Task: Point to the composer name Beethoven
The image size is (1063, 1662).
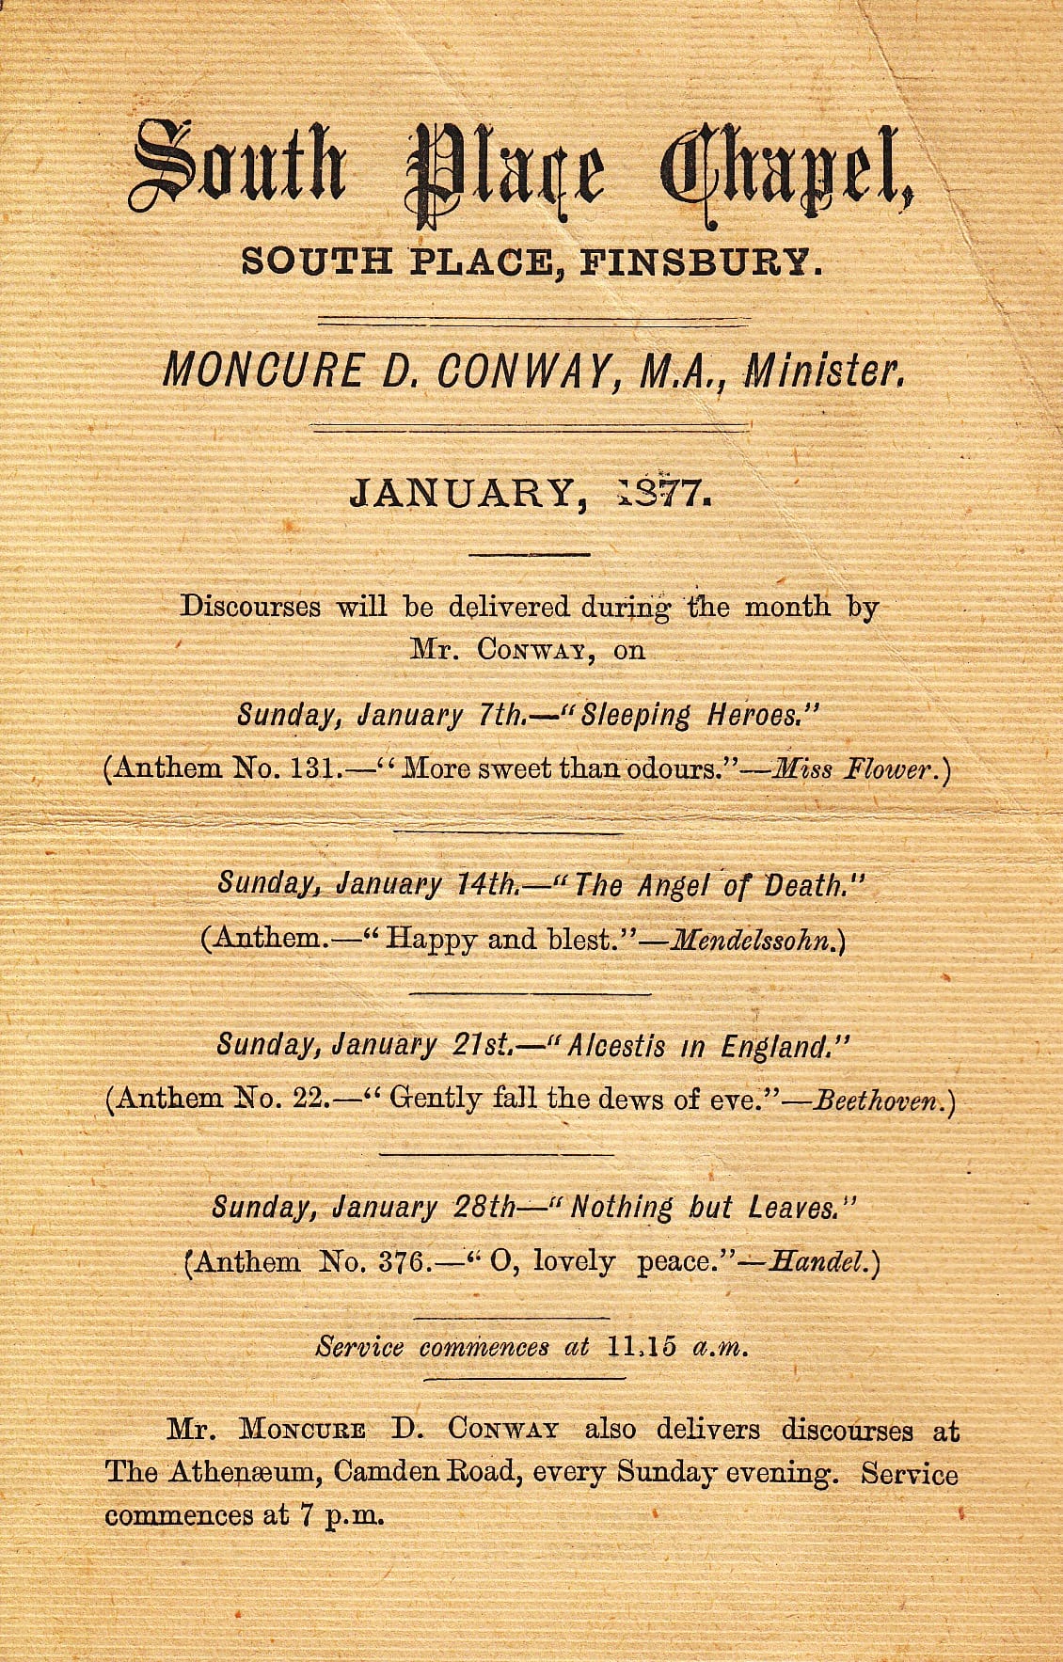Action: click(x=878, y=1100)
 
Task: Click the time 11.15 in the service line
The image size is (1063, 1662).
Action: click(x=642, y=1346)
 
